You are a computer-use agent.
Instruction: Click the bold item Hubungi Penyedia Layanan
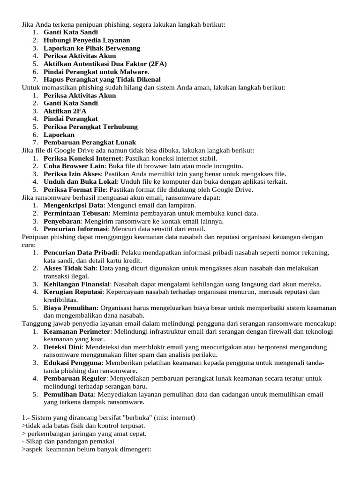[x=87, y=40]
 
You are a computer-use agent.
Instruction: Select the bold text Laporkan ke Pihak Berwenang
[x=92, y=48]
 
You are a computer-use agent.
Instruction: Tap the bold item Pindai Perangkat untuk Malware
[x=96, y=72]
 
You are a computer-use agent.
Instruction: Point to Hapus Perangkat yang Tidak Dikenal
[x=102, y=80]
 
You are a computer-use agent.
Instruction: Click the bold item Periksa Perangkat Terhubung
[x=90, y=127]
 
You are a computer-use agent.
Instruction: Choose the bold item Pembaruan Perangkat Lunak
[x=90, y=142]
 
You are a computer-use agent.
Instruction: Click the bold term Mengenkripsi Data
[x=73, y=205]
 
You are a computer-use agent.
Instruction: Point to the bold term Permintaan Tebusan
[x=76, y=213]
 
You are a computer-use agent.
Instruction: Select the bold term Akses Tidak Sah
[x=69, y=268]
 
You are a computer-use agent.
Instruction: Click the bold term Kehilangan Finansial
[x=77, y=284]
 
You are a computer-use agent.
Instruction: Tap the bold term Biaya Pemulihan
[x=70, y=307]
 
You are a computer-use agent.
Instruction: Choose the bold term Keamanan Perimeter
[x=76, y=331]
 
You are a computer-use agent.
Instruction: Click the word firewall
[x=277, y=331]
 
